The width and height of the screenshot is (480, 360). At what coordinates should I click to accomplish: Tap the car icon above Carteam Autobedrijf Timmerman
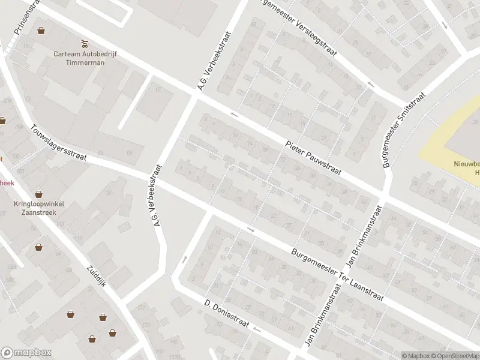point(85,43)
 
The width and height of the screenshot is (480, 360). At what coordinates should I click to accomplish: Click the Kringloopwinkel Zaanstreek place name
point(39,208)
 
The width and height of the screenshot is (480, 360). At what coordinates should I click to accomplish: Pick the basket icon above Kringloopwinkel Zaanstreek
point(39,194)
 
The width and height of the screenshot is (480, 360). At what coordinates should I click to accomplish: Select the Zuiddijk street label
point(96,277)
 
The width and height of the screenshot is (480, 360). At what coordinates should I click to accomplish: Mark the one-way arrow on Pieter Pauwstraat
point(234,114)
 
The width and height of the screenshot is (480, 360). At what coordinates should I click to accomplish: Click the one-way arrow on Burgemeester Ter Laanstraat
point(251,229)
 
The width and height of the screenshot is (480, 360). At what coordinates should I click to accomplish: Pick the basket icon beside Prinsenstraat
point(41,30)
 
